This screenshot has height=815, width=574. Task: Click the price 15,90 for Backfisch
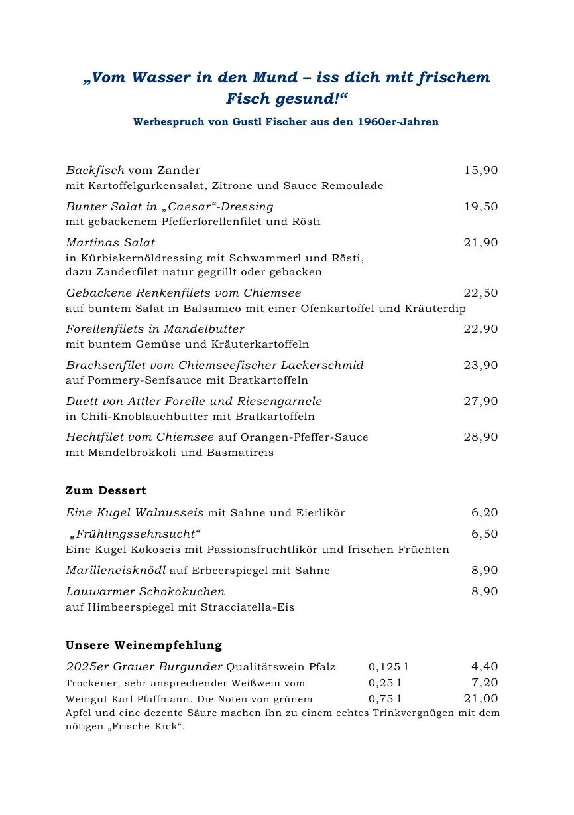[x=481, y=171]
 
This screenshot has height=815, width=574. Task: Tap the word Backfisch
[x=95, y=171]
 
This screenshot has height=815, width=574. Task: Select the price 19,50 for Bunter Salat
[x=481, y=206]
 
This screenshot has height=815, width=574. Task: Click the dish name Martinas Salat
[x=110, y=243]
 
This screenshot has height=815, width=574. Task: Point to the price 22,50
[x=481, y=293]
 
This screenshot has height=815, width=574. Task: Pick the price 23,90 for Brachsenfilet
[x=481, y=365]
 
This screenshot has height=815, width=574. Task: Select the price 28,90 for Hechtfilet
[x=481, y=437]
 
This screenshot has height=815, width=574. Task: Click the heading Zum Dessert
[x=106, y=491]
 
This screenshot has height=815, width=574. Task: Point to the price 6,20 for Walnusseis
[x=485, y=513]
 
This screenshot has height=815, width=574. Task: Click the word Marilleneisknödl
[x=116, y=571]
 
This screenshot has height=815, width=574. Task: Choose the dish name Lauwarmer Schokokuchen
[x=145, y=592]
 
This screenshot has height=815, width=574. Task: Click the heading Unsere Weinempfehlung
[x=144, y=645]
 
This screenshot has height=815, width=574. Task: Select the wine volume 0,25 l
[x=385, y=683]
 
